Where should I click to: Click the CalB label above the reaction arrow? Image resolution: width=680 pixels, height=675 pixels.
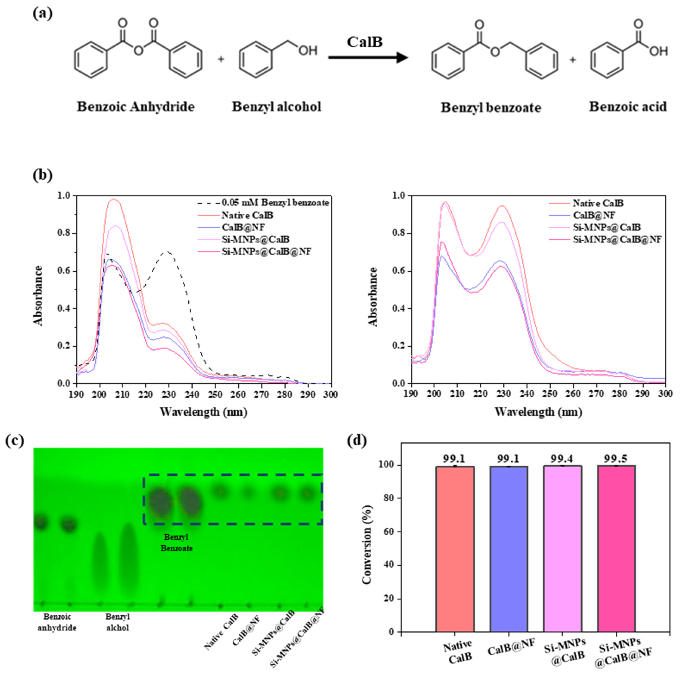point(364,42)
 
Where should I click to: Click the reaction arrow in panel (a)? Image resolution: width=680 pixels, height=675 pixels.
point(368,58)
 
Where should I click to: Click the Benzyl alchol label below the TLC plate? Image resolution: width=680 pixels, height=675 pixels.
point(117,622)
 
